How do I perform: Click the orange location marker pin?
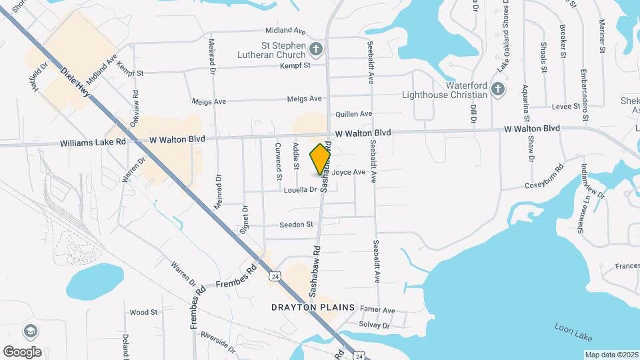321,159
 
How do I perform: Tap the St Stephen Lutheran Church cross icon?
316,48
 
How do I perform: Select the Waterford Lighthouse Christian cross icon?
497,89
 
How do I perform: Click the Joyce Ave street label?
349,172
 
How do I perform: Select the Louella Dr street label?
300,190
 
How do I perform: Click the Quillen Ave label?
353,115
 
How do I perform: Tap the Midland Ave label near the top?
285,31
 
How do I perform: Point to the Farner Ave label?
377,311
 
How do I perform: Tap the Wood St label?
143,312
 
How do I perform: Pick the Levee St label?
567,107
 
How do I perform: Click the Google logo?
22,351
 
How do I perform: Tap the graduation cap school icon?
30,331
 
